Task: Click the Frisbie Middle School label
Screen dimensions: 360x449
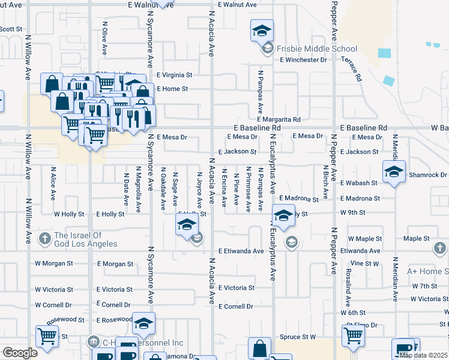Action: pyautogui.click(x=316, y=49)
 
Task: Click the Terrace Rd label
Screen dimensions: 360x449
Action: pyautogui.click(x=352, y=69)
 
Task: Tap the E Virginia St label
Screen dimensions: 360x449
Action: pyautogui.click(x=174, y=76)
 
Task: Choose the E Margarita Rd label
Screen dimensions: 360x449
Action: pyautogui.click(x=276, y=119)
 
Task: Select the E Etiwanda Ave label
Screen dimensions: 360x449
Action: pyautogui.click(x=241, y=251)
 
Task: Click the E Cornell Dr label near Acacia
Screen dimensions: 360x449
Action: pyautogui.click(x=236, y=306)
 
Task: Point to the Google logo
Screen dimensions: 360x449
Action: pyautogui.click(x=20, y=353)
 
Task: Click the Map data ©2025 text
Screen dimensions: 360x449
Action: pyautogui.click(x=423, y=355)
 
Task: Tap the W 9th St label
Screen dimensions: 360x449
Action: pyautogui.click(x=353, y=212)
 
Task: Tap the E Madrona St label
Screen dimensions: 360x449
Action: pyautogui.click(x=298, y=199)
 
